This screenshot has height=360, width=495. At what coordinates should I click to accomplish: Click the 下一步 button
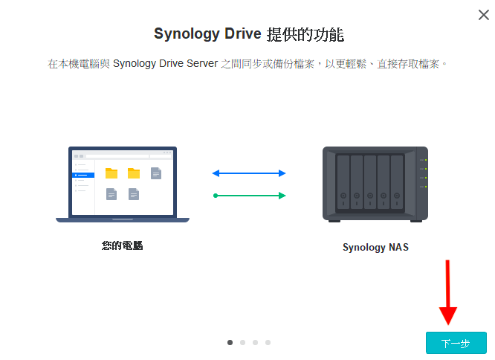[x=456, y=343]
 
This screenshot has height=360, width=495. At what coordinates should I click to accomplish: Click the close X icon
[x=483, y=15]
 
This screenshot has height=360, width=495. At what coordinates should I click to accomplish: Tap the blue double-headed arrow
[x=248, y=173]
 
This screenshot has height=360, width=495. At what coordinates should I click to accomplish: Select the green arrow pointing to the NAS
[x=248, y=196]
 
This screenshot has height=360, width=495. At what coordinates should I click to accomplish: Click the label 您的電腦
[x=122, y=245]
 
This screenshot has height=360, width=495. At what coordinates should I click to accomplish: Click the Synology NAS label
[x=375, y=248]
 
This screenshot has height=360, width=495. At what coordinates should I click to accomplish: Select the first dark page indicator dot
[x=230, y=343]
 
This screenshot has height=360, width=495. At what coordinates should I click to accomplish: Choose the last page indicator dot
[x=268, y=343]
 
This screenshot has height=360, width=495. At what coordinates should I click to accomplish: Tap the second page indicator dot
[x=242, y=343]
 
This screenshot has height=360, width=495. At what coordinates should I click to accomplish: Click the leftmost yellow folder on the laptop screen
[x=111, y=173]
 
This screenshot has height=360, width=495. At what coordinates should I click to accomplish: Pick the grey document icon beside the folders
[x=156, y=173]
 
